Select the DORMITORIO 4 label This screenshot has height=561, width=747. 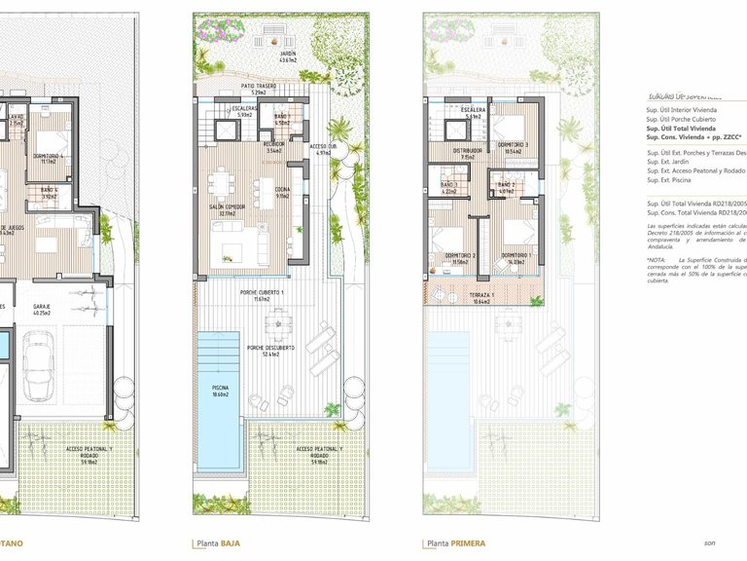pos(50,157)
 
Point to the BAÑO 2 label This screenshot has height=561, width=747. pos(506,187)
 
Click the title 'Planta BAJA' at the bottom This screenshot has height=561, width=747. pos(218,543)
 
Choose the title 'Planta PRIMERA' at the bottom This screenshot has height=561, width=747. pos(454,543)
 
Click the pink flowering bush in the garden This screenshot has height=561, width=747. pos(212,30)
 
